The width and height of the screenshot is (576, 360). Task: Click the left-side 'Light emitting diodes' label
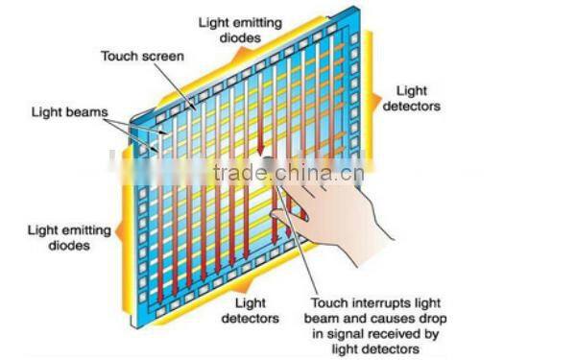click(x=70, y=238)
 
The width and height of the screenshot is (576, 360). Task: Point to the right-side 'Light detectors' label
click(x=412, y=99)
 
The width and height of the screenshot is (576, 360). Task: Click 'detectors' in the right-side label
click(x=412, y=106)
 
